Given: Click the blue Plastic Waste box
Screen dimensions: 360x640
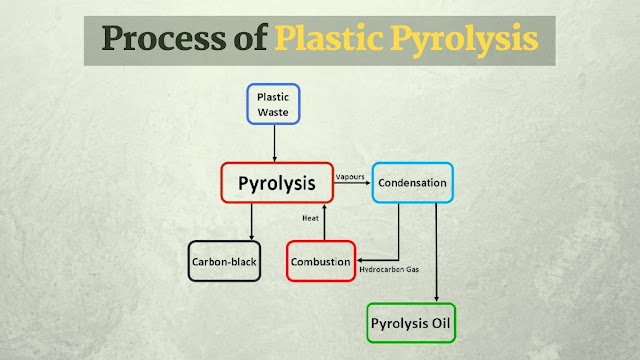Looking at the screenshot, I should tap(274, 103).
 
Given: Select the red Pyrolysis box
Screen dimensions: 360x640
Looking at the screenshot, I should tap(277, 183).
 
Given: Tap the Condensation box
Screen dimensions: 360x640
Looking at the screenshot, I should tap(413, 183).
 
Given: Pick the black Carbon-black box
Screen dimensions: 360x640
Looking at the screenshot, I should tap(224, 261).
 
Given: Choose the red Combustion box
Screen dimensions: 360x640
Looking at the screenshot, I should tap(319, 261).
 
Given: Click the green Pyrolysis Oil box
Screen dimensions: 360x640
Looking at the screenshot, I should tap(412, 324).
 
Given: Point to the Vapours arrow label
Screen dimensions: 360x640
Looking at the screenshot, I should tap(351, 175).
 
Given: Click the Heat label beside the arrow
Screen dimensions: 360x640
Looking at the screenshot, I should tap(310, 218).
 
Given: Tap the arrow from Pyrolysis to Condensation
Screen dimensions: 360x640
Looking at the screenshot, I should tap(353, 184).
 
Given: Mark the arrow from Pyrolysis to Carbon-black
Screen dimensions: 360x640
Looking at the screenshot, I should tap(252, 222).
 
